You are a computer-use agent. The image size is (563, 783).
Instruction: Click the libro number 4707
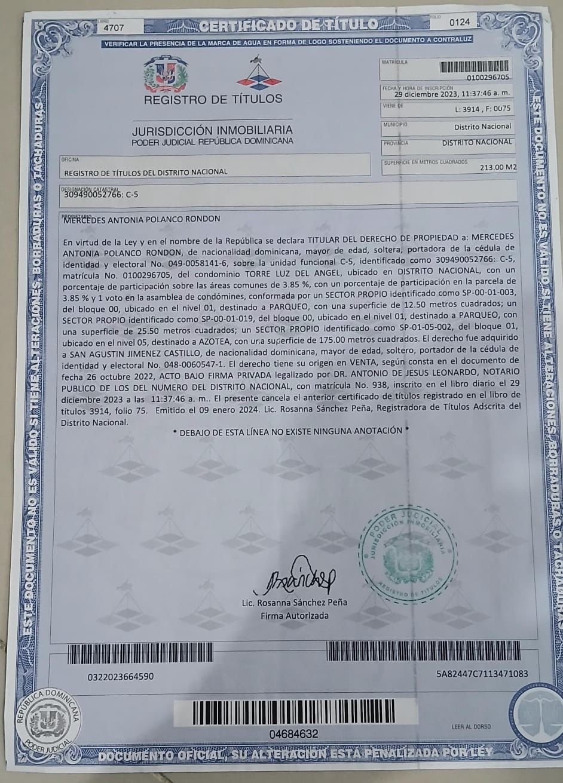pyautogui.click(x=114, y=27)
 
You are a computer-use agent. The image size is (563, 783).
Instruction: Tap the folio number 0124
pyautogui.click(x=460, y=22)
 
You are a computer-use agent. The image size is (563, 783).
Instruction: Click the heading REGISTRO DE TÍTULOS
pyautogui.click(x=213, y=99)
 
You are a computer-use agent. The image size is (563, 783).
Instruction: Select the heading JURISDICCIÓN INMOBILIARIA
pyautogui.click(x=212, y=130)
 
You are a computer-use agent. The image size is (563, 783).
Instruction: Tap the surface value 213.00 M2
pyautogui.click(x=498, y=168)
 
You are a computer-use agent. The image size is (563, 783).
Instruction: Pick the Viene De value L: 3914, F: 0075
pyautogui.click(x=483, y=110)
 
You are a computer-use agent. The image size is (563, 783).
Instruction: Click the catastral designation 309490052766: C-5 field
pyautogui.click(x=100, y=194)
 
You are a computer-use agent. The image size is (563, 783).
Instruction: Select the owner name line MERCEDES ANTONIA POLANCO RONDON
pyautogui.click(x=142, y=219)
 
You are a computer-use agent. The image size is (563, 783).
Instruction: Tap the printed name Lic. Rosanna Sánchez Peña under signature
pyautogui.click(x=302, y=602)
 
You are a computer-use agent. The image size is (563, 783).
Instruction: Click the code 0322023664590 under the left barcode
pyautogui.click(x=120, y=677)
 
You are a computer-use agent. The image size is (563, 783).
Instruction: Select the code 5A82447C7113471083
pyautogui.click(x=482, y=674)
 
